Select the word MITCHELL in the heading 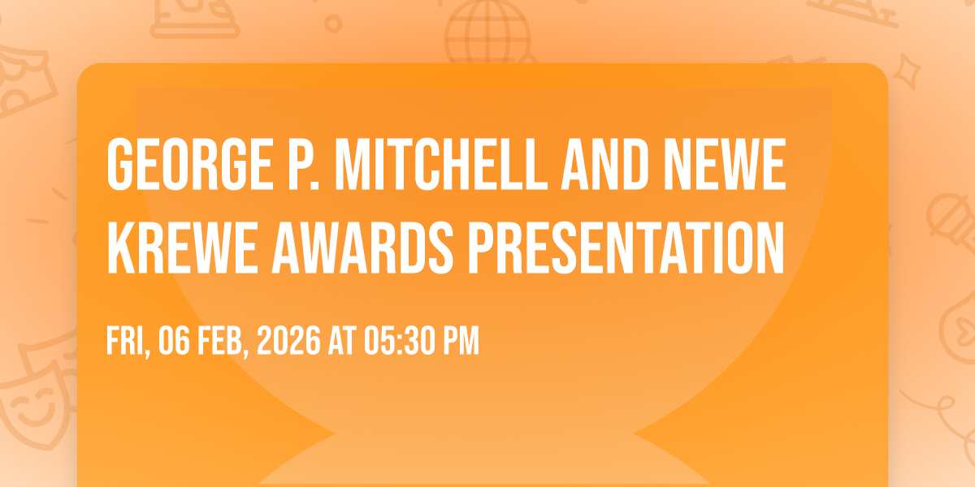[x=440, y=164]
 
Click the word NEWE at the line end [x=725, y=164]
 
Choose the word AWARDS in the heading [x=362, y=248]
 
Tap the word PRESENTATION [x=626, y=248]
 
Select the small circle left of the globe [x=333, y=24]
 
